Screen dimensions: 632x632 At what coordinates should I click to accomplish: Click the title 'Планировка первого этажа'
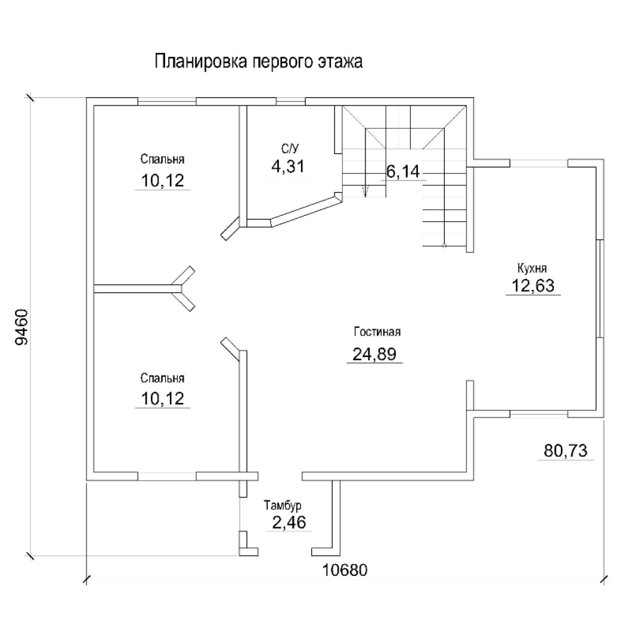click(258, 61)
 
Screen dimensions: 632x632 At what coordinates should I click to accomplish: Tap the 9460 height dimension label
click(21, 327)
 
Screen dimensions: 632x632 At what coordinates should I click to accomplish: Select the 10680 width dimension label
click(345, 571)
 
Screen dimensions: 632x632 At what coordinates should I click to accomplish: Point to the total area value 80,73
click(565, 451)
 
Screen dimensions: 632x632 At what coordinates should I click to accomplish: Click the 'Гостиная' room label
click(377, 332)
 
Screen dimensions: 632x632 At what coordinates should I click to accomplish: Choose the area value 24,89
click(374, 354)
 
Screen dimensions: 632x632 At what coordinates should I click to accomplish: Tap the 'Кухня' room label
click(532, 268)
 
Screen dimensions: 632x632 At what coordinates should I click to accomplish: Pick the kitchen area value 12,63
click(533, 286)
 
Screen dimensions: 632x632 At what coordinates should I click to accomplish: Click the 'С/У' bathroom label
click(290, 148)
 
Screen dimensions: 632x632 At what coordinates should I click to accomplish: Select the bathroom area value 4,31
click(288, 166)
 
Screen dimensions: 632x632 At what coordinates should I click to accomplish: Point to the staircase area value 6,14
click(403, 171)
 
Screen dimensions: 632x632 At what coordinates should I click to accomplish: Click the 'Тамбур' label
click(283, 505)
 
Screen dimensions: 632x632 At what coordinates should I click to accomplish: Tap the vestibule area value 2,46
click(289, 522)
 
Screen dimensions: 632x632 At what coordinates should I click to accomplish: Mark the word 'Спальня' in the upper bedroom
click(162, 159)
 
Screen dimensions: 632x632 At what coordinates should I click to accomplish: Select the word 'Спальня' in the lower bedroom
click(162, 378)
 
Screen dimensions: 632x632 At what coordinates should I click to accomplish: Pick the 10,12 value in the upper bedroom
click(162, 181)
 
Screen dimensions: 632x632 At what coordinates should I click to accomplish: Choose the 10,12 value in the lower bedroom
click(162, 399)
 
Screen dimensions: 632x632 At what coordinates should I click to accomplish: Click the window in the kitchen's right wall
click(600, 288)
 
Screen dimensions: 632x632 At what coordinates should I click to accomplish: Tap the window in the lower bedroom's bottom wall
click(167, 476)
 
